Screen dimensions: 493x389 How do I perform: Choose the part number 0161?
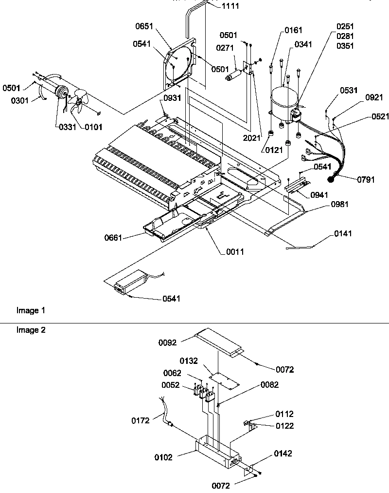[x=294, y=31]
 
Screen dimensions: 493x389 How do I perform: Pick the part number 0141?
[x=343, y=234]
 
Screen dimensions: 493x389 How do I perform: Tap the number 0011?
[x=235, y=251]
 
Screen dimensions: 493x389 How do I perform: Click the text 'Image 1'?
[x=31, y=310]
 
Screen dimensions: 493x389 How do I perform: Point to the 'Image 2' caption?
[x=31, y=330]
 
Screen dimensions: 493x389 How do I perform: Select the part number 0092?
[x=168, y=342]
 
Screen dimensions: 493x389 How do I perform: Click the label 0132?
[x=190, y=361]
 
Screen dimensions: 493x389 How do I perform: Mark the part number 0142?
[x=283, y=454]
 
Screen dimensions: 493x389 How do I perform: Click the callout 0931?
[x=172, y=98]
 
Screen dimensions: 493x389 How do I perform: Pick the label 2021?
[x=252, y=138]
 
